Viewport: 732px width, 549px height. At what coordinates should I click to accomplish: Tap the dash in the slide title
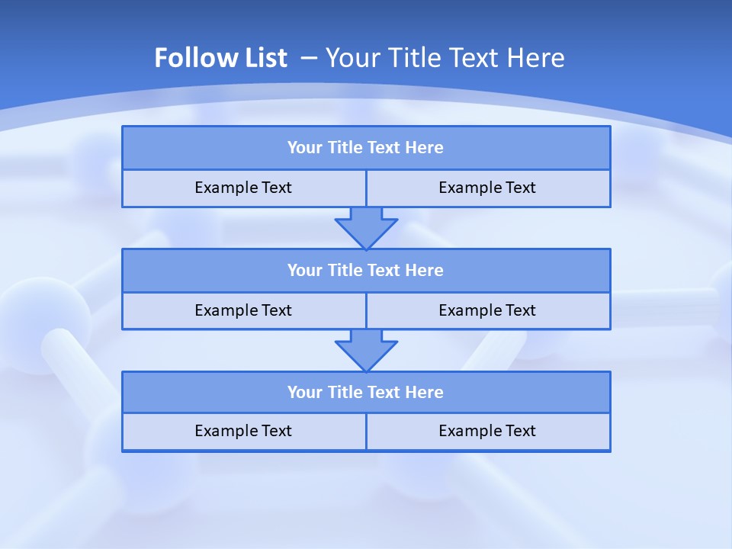tap(309, 58)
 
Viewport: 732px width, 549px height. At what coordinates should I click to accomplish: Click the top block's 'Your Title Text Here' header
tap(365, 148)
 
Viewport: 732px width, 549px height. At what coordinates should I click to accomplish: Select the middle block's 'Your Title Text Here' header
tap(365, 271)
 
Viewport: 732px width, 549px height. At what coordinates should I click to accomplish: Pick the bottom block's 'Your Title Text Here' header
tap(365, 393)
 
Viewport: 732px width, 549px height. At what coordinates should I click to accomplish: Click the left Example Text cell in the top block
tap(243, 188)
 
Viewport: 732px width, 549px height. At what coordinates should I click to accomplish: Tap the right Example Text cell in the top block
tap(487, 188)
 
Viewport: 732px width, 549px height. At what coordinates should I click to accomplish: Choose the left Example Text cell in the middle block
tap(243, 311)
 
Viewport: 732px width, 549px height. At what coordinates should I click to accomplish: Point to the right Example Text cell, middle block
tap(487, 311)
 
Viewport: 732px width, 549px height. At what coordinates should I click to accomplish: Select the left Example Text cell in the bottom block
tap(243, 432)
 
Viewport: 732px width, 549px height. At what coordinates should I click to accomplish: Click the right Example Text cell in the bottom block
tap(487, 432)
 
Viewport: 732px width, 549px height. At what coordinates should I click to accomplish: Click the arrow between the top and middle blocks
tap(366, 228)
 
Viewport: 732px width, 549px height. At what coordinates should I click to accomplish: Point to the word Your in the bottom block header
tap(304, 393)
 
